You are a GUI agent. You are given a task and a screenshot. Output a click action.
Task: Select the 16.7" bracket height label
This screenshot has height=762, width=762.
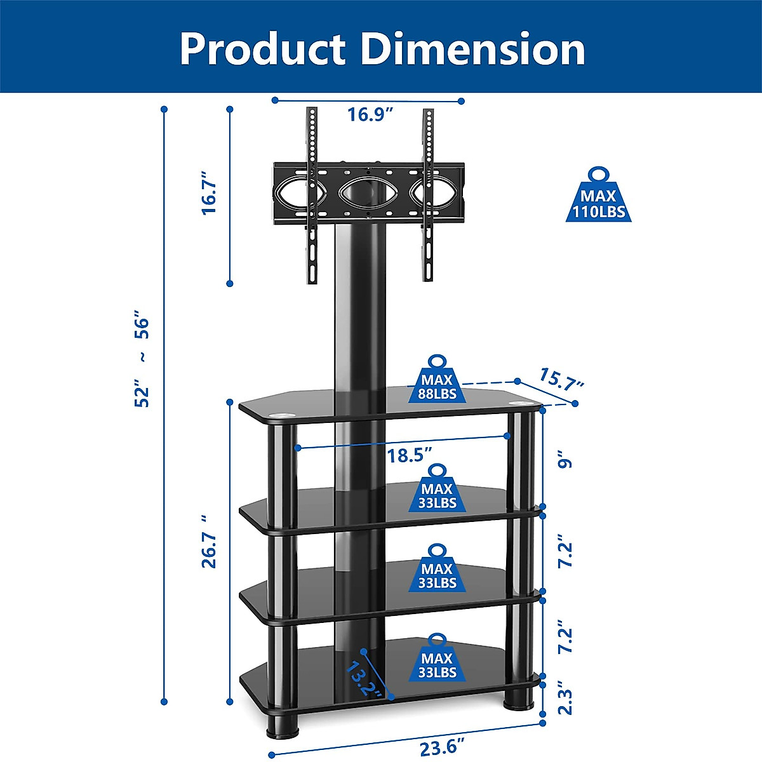pos(209,192)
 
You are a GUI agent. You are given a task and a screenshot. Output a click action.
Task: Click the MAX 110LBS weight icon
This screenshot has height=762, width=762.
pos(598,197)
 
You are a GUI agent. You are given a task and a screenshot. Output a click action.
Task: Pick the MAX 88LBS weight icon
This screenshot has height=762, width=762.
pos(437,381)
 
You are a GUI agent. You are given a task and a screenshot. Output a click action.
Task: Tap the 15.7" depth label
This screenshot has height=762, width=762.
pos(561,379)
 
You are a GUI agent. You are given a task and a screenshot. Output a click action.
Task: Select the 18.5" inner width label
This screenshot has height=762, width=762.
pos(410,455)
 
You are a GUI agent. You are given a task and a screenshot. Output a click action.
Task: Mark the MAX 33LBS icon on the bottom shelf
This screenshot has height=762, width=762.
pos(437,659)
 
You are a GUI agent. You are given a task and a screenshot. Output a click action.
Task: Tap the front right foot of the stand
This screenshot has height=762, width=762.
pos(519,698)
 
